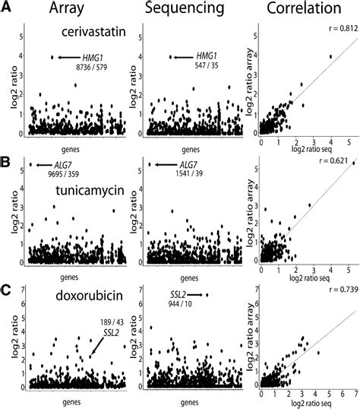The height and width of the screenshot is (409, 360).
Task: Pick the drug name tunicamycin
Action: pos(84,191)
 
